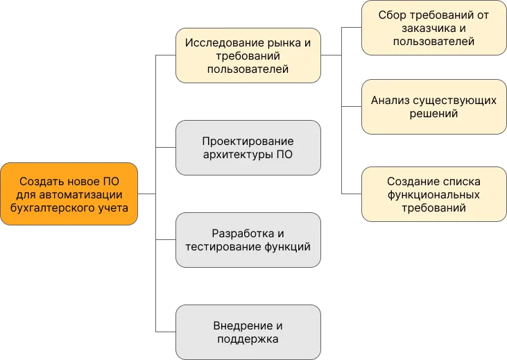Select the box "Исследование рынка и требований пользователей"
248,55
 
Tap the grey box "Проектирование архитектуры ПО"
248,148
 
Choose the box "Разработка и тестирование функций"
248,240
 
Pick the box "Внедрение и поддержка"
248,332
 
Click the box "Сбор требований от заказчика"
433,28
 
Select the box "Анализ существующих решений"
433,107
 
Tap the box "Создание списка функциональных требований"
433,194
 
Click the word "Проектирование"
248,141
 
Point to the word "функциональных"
433,194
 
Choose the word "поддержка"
248,339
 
